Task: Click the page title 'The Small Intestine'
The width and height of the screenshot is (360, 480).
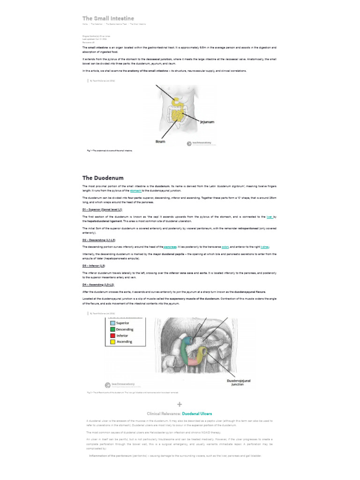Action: point(108,18)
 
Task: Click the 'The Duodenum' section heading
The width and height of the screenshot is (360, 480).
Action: point(103,178)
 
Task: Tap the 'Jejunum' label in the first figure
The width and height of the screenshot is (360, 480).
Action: point(207,122)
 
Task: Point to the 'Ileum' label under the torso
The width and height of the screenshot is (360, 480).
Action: point(161,141)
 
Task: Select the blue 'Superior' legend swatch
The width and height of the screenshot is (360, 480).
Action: point(112,323)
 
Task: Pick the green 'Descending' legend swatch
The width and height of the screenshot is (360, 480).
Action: point(112,329)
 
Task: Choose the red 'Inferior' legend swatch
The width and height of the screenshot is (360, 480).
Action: point(112,336)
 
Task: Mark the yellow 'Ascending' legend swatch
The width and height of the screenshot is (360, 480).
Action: point(112,342)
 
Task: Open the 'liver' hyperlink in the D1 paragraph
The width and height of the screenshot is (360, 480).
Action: point(269,217)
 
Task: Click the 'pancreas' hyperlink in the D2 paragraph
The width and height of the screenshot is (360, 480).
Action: point(170,247)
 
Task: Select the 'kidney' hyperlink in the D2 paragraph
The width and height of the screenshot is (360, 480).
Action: point(265,247)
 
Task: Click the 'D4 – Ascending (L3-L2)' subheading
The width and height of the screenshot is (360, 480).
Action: point(98,285)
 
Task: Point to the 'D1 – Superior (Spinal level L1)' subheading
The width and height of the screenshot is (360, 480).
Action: point(102,210)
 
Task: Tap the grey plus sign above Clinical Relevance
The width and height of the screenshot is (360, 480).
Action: point(180,404)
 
